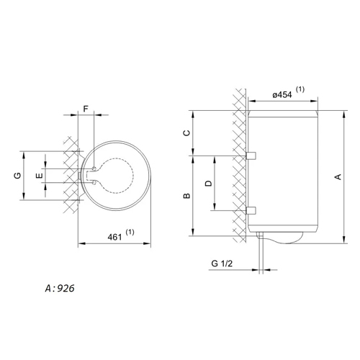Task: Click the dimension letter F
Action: point(86,109)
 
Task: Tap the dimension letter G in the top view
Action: point(17,176)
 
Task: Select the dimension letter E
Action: point(39,176)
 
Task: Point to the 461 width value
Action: point(114,237)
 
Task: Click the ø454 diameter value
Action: point(282,95)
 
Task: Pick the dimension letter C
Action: point(186,132)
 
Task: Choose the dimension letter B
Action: point(186,196)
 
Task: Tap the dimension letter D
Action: point(209,184)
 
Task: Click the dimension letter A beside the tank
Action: point(338,177)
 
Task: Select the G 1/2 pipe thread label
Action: point(222,264)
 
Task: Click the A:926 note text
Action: point(60,288)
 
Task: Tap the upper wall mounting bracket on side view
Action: point(251,156)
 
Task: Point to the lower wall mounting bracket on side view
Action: point(251,210)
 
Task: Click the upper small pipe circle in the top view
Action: point(94,168)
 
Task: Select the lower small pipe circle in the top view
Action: point(94,183)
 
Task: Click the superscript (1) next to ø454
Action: point(300,89)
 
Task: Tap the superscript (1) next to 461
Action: point(130,232)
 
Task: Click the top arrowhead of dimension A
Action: point(344,114)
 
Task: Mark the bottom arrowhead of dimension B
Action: point(193,232)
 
